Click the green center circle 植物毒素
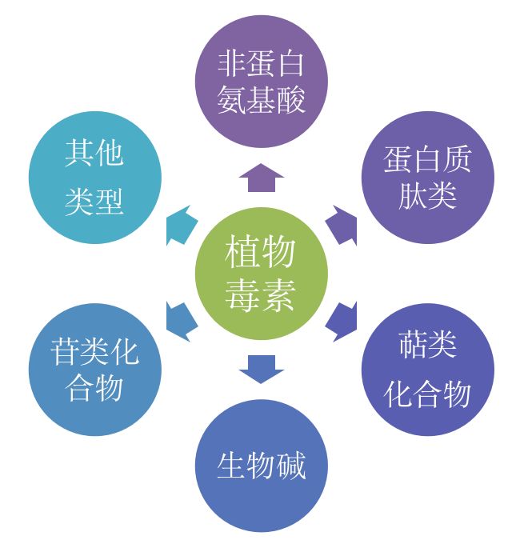tap(262, 274)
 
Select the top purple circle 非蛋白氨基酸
tap(262, 81)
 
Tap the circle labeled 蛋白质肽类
tap(428, 178)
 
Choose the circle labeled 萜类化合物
tap(428, 370)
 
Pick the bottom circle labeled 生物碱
tap(262, 466)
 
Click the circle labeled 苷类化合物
tap(95, 370)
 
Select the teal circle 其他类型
tap(95, 178)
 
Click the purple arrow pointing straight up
tap(262, 178)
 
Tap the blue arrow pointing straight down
tap(262, 370)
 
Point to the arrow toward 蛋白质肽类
tap(342, 225)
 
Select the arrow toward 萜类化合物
tap(342, 322)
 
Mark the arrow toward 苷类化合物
tap(182, 322)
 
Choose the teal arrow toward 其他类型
tap(182, 225)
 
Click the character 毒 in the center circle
tap(242, 295)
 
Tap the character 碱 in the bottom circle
tap(290, 466)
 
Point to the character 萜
tap(413, 344)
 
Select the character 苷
tap(66, 352)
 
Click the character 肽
tap(413, 195)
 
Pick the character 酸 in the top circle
tap(290, 99)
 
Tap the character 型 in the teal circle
tap(110, 202)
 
